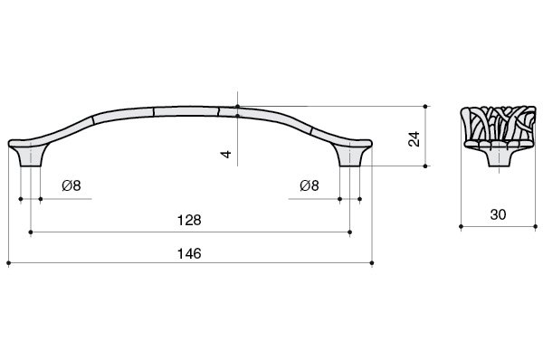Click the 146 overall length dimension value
click(189, 254)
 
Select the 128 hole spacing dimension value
click(189, 220)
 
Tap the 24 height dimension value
click(414, 138)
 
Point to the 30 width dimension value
click(498, 214)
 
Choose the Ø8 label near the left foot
click(71, 185)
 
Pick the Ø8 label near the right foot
click(310, 185)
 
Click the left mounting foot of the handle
click(31, 156)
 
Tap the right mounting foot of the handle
click(349, 156)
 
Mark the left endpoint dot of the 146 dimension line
click(9, 263)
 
